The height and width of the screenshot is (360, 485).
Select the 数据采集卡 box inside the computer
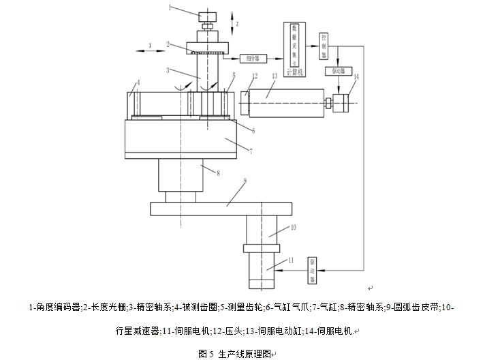coord(294,41)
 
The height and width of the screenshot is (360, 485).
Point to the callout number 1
coord(171,9)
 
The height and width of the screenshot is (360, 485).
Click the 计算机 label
coord(294,72)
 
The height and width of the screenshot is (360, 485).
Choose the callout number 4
coord(138,82)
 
